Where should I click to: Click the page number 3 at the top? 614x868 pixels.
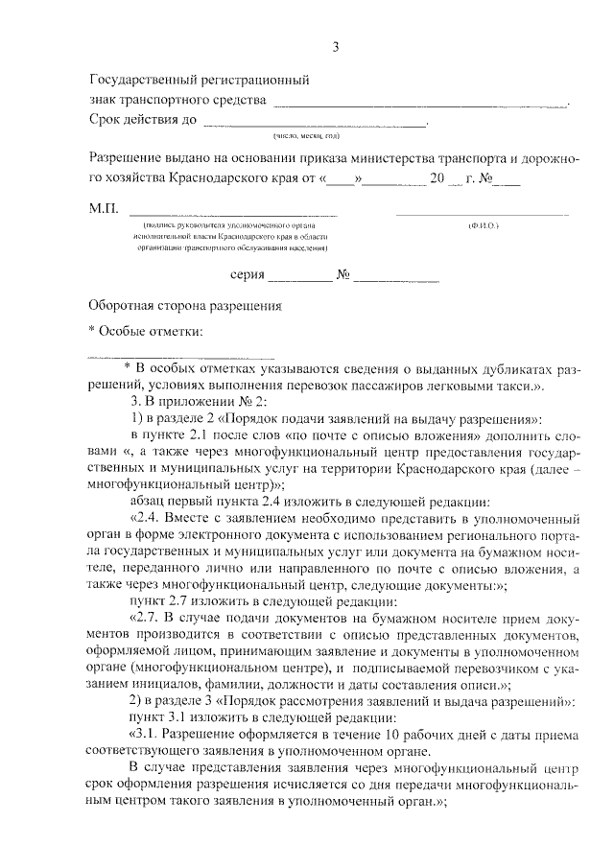[335, 47]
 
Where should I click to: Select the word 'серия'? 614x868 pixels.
[247, 276]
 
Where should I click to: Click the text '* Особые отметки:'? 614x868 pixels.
[145, 331]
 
